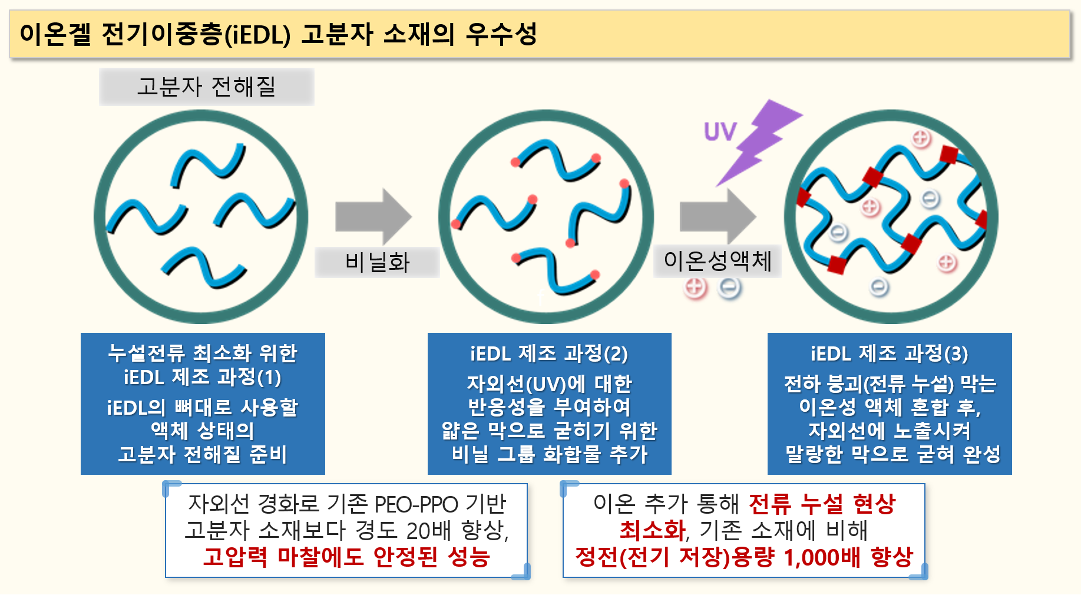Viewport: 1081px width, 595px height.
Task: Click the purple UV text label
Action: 720,132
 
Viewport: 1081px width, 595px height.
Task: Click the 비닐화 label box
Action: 377,262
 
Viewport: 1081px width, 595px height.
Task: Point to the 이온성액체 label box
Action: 717,261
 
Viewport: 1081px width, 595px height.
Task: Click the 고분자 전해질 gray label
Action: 206,87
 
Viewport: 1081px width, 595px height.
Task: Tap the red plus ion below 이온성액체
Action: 695,288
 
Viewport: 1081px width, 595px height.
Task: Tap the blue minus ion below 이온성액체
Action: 730,288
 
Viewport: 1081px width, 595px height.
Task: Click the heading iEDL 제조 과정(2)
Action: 548,353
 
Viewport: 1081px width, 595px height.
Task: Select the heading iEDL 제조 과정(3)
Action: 889,353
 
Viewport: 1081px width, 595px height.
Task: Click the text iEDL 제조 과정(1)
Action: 202,377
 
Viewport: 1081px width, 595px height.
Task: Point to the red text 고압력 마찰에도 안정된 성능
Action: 346,557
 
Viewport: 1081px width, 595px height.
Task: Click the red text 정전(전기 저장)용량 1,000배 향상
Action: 743,557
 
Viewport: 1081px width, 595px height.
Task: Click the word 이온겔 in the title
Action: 55,34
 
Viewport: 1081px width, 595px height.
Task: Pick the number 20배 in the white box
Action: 428,531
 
